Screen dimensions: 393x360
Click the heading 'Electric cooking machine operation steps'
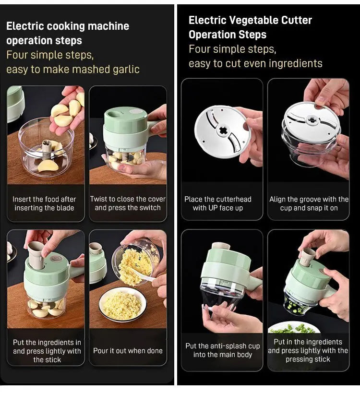67,33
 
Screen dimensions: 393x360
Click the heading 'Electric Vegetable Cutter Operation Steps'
250,27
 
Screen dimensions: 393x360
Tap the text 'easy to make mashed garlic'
72,69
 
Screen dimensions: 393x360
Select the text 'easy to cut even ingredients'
255,63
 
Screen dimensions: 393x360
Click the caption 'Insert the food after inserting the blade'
45,203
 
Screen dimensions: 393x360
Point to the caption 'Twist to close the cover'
128,199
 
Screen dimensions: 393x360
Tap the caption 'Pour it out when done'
128,351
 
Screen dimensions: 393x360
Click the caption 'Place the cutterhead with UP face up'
218,203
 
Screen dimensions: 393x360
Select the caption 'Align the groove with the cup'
309,199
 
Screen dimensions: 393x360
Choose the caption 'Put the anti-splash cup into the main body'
223,350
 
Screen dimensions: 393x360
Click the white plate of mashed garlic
123,305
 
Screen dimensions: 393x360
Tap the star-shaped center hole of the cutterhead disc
223,131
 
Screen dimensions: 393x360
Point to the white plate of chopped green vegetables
293,329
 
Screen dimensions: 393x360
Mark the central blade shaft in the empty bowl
47,147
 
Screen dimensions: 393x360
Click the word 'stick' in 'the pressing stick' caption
321,359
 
